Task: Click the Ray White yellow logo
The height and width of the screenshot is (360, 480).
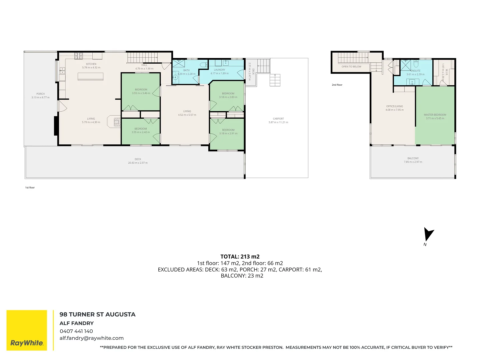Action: [27, 330]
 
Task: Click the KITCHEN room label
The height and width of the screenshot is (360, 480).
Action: [91, 64]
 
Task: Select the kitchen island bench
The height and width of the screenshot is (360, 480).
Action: [90, 77]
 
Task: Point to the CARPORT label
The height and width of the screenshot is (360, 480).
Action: [278, 119]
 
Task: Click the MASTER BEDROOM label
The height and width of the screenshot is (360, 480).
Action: [435, 115]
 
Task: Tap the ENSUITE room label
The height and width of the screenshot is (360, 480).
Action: [416, 71]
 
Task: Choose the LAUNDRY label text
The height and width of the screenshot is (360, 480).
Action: [220, 70]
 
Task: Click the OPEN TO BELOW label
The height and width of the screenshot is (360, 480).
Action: [351, 67]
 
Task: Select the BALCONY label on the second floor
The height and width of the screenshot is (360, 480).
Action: [413, 158]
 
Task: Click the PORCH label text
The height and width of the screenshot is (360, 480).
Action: [40, 94]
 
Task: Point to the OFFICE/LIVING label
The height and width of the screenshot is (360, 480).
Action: [394, 106]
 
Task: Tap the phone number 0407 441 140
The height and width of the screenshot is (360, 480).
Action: [76, 331]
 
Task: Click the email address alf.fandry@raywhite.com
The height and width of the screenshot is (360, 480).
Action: [92, 338]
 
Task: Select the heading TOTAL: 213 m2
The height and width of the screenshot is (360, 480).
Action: [240, 257]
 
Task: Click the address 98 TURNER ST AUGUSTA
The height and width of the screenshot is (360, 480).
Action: [97, 314]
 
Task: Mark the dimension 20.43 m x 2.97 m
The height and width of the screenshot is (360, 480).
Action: [138, 163]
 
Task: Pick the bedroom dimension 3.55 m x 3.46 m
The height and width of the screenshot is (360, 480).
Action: [141, 93]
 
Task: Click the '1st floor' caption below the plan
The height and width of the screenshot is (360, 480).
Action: [30, 188]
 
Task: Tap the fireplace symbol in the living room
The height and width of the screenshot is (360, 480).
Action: [117, 122]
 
